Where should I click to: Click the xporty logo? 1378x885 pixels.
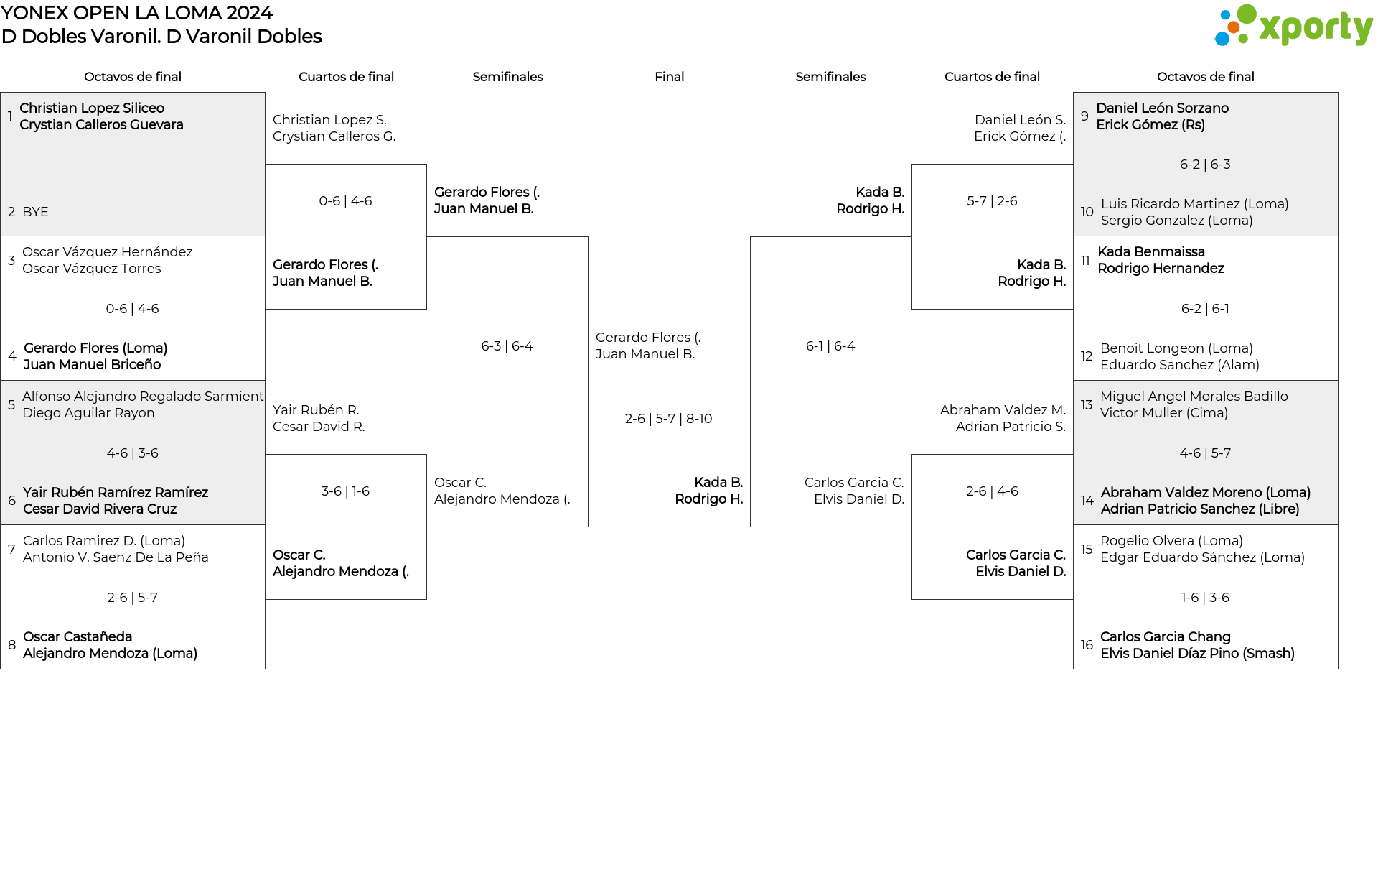click(1293, 26)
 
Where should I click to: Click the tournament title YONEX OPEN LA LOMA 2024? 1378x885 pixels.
click(137, 13)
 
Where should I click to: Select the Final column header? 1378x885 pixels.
click(669, 77)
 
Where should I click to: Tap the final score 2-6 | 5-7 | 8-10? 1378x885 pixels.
click(668, 419)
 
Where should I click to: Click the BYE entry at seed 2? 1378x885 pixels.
click(35, 212)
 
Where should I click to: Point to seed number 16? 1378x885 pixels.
click(1087, 645)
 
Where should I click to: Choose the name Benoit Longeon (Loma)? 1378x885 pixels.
click(1176, 348)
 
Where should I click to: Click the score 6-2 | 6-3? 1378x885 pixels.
click(1205, 165)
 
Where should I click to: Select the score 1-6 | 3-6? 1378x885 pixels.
click(1205, 598)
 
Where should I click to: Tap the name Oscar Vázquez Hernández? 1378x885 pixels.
click(108, 252)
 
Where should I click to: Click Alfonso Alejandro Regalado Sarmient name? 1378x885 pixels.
click(143, 397)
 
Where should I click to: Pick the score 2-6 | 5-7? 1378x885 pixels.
click(132, 598)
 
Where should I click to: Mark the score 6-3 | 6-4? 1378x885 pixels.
click(507, 346)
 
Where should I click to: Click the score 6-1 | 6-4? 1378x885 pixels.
click(830, 346)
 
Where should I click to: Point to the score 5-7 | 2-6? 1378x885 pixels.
click(992, 201)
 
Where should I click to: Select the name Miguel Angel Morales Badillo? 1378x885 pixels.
click(1194, 397)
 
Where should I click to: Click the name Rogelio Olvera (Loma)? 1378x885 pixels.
click(1171, 541)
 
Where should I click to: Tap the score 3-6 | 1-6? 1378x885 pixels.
click(345, 491)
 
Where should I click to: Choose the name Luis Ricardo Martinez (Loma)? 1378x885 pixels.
click(1194, 204)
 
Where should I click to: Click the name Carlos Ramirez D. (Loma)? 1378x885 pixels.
click(104, 541)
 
